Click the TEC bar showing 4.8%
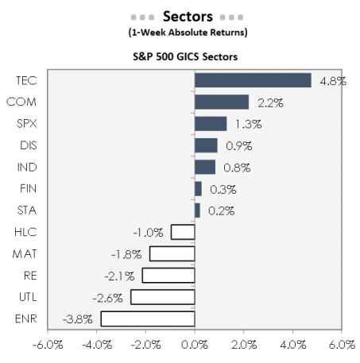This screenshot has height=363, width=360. [x=253, y=80]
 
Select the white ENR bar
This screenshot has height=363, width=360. [x=148, y=319]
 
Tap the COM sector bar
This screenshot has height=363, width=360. [x=222, y=102]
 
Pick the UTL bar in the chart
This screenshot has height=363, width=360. [x=163, y=297]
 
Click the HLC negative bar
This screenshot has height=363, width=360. [x=183, y=232]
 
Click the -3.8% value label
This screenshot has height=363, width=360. [x=78, y=319]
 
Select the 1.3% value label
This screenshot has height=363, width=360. [x=244, y=124]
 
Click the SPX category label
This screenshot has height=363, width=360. [x=25, y=124]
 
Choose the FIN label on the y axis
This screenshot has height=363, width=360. [x=26, y=189]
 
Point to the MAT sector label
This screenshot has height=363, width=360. [x=25, y=254]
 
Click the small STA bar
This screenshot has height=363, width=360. [x=197, y=210]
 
